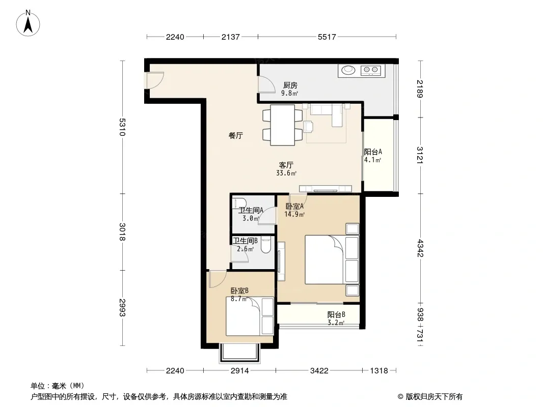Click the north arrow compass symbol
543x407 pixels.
28,23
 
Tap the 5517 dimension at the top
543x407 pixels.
327,37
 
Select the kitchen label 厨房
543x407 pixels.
290,85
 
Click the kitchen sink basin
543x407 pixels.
348,70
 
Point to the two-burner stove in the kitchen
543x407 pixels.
370,70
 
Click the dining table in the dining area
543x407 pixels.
283,125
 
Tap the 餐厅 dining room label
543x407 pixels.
235,135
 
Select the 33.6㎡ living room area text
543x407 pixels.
286,173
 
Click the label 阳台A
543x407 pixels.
373,152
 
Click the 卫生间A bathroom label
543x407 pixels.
251,210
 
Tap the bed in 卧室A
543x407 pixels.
332,259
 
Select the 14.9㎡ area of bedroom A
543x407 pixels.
294,214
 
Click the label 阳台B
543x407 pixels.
336,315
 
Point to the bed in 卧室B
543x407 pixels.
250,316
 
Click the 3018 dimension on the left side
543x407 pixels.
122,231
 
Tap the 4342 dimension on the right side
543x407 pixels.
420,248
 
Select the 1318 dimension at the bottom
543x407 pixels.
379,371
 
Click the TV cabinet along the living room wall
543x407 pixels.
325,189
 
